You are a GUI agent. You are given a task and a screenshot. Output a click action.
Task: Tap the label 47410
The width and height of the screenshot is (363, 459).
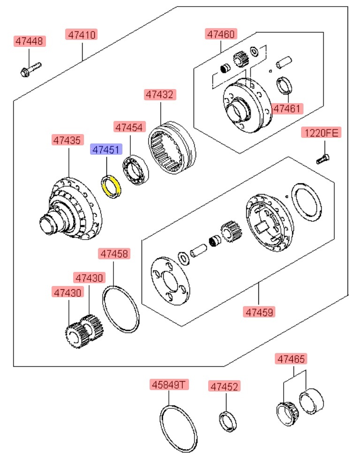pyautogui.click(x=83, y=34)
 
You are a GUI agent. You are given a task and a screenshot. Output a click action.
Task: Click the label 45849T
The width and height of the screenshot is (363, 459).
pyautogui.click(x=169, y=385)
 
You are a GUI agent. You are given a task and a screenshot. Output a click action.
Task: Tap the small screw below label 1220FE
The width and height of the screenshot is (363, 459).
pyautogui.click(x=321, y=159)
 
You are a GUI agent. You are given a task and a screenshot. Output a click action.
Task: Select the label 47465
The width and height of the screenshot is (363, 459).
pyautogui.click(x=291, y=360)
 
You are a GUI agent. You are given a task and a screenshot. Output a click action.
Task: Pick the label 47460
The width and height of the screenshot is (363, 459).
pyautogui.click(x=220, y=34)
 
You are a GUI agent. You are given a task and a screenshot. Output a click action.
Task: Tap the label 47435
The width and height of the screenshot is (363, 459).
pyautogui.click(x=68, y=140)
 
